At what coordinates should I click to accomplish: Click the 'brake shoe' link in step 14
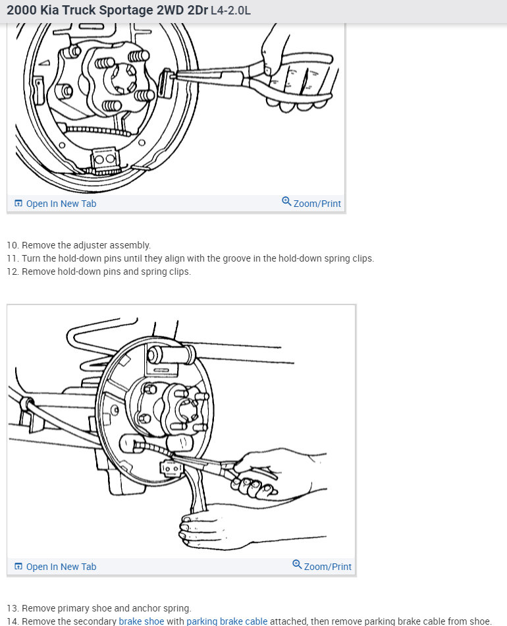tap(141, 621)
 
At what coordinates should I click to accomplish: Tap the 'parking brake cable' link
tap(227, 621)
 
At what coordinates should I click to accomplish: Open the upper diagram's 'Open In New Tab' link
tap(55, 204)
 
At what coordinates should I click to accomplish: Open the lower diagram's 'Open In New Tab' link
tap(55, 567)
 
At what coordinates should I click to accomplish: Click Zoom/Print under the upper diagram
tap(311, 203)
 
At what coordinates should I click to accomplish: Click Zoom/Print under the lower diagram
tap(322, 566)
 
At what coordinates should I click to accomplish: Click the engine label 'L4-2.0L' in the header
tap(230, 11)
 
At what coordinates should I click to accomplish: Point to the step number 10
tap(13, 245)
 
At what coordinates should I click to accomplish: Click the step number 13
tap(13, 608)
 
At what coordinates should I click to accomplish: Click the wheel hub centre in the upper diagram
tap(123, 77)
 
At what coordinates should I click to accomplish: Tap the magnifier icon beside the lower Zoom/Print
tap(297, 565)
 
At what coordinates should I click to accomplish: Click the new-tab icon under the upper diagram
tap(18, 203)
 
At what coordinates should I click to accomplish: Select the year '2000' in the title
tap(22, 10)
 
